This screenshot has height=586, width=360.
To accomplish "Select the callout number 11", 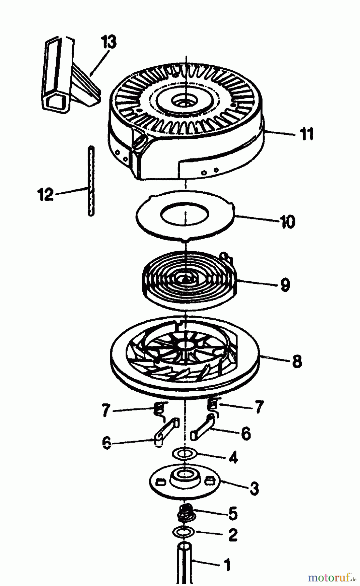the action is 306,134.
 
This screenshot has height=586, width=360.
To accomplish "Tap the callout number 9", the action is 284,285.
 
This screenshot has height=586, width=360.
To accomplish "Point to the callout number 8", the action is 296,361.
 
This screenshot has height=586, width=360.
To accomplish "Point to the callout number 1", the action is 227,565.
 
